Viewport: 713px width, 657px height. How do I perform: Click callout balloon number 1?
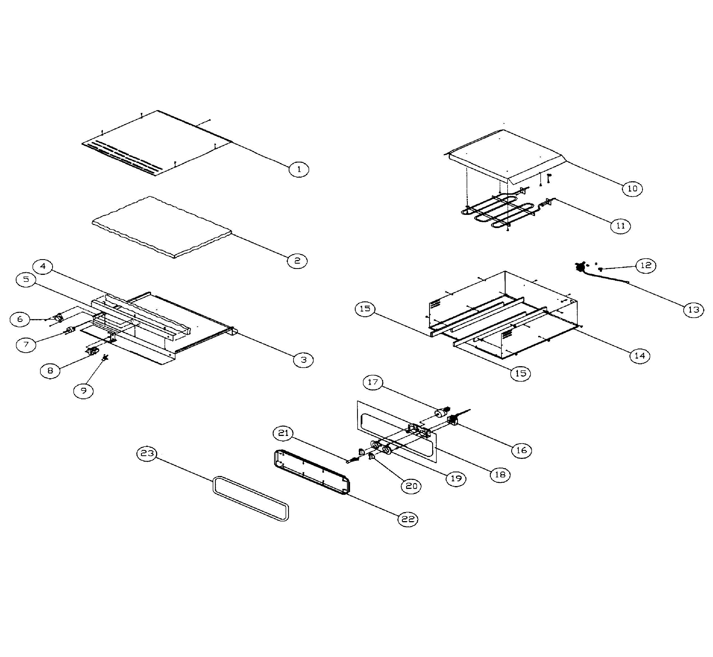click(299, 169)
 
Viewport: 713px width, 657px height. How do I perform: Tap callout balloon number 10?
click(632, 189)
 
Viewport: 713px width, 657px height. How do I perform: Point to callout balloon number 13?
click(693, 310)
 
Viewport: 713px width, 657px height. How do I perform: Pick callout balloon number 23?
click(147, 453)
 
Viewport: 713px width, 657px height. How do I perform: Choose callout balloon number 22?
click(408, 519)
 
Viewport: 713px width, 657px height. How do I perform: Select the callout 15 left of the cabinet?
click(365, 308)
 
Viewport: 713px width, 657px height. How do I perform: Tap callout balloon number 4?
click(43, 266)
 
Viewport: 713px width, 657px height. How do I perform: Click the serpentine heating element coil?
click(498, 212)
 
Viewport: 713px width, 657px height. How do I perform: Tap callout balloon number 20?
click(411, 486)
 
